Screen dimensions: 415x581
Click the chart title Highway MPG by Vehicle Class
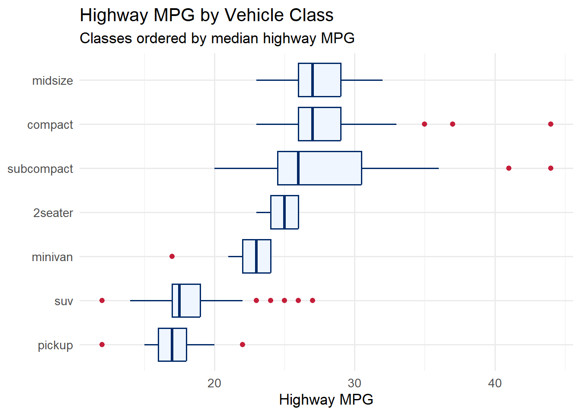tap(206, 16)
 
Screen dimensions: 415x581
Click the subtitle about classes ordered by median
tap(217, 38)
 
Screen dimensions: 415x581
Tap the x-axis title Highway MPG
tap(326, 399)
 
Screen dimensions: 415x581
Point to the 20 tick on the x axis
tap(214, 383)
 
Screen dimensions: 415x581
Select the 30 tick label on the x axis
tap(354, 383)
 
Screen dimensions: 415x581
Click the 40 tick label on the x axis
tap(495, 383)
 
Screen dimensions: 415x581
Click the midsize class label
tap(52, 81)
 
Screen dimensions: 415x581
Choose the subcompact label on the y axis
tap(40, 169)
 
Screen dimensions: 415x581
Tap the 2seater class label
tap(53, 213)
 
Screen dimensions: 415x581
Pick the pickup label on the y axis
tap(55, 345)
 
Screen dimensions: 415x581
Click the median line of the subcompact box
tap(298, 168)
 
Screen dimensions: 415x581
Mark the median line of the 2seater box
tap(284, 212)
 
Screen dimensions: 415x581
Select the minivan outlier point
tap(172, 256)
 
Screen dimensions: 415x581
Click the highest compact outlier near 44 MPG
tap(551, 124)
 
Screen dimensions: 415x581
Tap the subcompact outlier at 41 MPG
tap(509, 168)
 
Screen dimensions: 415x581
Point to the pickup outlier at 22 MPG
tap(243, 345)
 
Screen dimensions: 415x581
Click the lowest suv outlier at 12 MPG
tap(102, 300)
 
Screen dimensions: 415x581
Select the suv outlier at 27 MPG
tap(313, 300)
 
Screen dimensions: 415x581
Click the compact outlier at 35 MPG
tap(425, 124)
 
